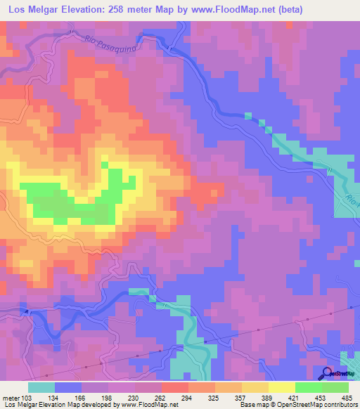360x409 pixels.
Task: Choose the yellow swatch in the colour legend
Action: [281, 387]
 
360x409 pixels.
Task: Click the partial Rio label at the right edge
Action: [353, 203]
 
